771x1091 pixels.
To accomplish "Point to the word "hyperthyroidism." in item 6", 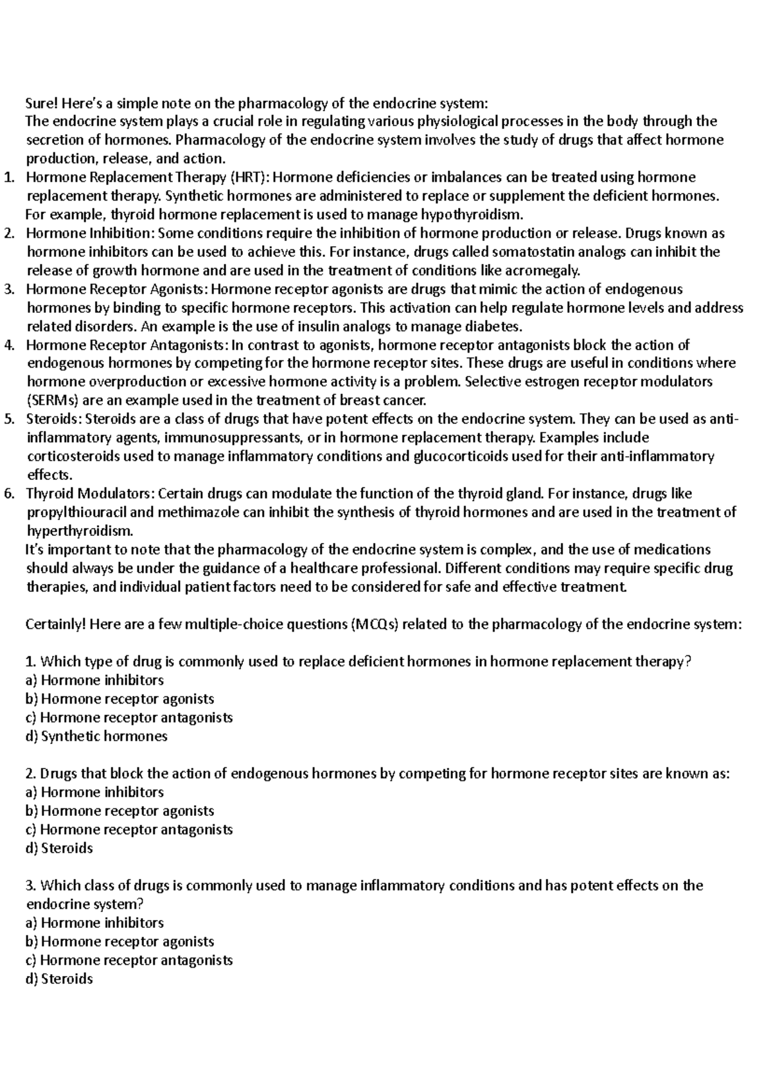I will point(80,531).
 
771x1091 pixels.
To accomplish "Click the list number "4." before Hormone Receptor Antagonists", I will point(8,345).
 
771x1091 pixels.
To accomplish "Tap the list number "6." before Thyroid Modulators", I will point(8,494).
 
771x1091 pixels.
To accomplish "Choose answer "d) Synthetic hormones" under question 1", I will point(96,736).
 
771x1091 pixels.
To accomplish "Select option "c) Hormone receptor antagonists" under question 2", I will point(128,829).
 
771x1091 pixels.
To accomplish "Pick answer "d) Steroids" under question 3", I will point(59,979).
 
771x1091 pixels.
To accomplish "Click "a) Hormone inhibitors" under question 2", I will point(94,792).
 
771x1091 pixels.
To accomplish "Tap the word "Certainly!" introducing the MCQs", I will point(55,625).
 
